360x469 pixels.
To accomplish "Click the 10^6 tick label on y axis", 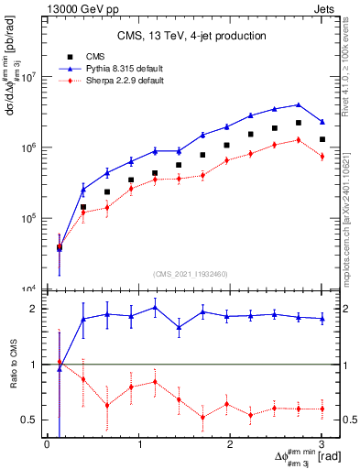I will point(27,147).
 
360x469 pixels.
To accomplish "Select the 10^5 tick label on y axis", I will point(27,219).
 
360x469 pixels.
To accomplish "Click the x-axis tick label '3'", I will point(322,445).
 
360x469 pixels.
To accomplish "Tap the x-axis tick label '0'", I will point(47,445).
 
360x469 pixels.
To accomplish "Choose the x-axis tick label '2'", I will point(230,445).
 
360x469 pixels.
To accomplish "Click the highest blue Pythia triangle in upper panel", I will point(298,104).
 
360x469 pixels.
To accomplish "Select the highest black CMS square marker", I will point(298,123).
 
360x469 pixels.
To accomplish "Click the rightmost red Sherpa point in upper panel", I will point(322,157).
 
